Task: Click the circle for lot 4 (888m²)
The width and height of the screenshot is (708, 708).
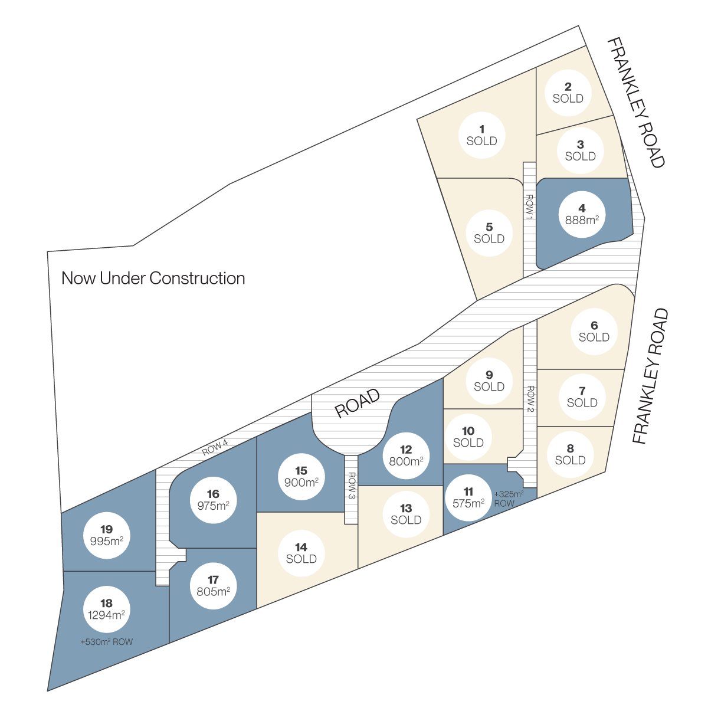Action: pos(582,214)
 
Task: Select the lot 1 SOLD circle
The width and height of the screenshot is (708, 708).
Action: pos(481,135)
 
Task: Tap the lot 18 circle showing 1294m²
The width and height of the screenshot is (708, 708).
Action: pos(107,609)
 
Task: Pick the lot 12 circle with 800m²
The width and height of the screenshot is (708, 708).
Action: pos(406,455)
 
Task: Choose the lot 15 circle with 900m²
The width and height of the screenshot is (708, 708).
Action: pos(301,477)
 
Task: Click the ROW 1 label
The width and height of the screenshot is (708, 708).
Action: pos(529,207)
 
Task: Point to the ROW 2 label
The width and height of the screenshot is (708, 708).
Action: pos(530,399)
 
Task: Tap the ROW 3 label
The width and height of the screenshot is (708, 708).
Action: pos(352,486)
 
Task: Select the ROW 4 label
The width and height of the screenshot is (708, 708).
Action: pos(215,447)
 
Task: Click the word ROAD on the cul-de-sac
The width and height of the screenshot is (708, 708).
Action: pos(358,403)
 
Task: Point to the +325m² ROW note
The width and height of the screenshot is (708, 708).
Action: pos(509,499)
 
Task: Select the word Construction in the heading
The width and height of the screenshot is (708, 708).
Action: pos(197,278)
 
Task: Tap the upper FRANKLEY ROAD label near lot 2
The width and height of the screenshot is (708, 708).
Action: pos(635,103)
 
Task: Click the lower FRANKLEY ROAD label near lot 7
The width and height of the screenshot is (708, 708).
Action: pos(650,375)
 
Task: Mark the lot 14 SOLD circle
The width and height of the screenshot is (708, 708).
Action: pos(301,553)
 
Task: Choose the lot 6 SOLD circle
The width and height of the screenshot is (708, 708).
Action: pos(594,332)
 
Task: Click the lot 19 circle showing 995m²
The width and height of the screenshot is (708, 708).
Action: pos(107,535)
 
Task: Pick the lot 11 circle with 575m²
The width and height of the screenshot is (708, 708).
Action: pos(468,498)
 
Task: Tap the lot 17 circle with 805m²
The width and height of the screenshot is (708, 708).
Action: pos(213,586)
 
